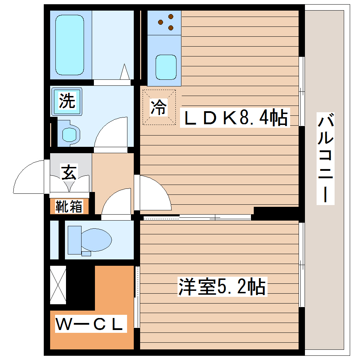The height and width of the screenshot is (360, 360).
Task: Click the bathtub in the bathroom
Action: pos(70,45)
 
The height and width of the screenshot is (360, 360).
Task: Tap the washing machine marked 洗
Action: pos(67,102)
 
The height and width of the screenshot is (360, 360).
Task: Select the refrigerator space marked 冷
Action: pos(159,107)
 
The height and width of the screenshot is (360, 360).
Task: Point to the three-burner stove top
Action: pos(164,23)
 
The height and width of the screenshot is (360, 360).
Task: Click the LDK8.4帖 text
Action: pos(235,118)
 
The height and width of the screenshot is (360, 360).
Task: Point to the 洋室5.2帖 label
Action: pos(222,287)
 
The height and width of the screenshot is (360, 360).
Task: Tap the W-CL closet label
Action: pos(91,324)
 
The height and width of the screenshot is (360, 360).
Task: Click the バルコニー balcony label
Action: pos(325,158)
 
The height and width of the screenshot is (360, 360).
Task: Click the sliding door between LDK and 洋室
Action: pos(198,217)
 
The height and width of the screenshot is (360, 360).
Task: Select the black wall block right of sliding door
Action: pos(277,213)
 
